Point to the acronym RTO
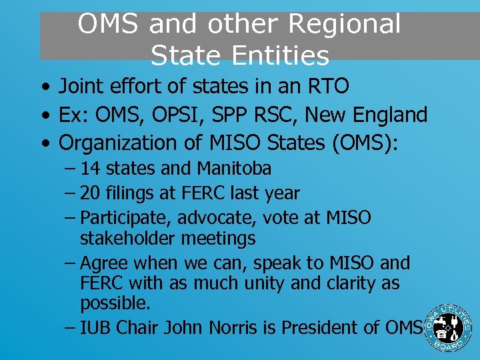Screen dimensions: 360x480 point(327,87)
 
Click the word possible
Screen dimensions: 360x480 point(115,303)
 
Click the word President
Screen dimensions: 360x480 point(322,328)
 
